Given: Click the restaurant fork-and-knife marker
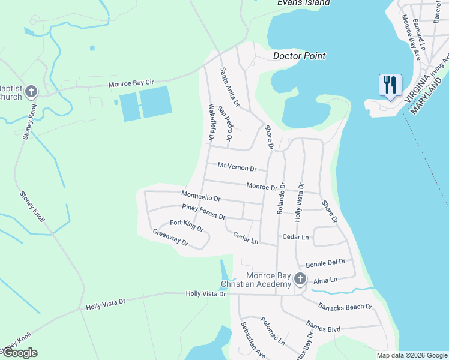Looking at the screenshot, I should (390, 85).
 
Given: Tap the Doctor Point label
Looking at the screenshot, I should (299, 56).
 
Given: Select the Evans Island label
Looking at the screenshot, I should (303, 3).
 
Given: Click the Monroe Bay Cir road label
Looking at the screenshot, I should (132, 85).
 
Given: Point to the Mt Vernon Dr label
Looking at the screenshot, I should (237, 166).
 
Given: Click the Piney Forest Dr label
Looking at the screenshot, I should (203, 212).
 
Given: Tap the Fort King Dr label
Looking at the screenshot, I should (187, 226).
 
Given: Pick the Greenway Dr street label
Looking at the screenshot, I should (170, 238).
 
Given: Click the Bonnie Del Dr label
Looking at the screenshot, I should (326, 262).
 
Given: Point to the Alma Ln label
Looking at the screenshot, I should (326, 280).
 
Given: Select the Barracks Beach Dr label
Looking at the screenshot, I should (345, 307).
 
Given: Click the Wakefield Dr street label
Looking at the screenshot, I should (212, 123).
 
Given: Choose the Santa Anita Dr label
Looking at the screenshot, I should (230, 87).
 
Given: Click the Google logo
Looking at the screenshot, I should (19, 353).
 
